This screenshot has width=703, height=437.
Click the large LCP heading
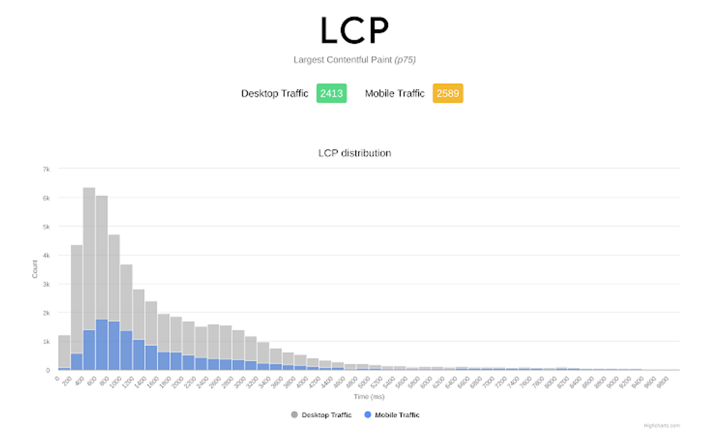(x=354, y=30)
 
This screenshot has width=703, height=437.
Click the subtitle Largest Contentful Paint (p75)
(x=354, y=60)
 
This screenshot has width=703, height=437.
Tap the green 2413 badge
(x=331, y=93)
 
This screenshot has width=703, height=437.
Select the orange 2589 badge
(x=448, y=93)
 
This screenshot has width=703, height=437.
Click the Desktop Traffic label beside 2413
(x=275, y=93)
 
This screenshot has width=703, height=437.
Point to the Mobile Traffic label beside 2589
(x=395, y=93)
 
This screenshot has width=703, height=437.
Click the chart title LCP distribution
(x=354, y=153)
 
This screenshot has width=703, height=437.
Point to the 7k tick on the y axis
(x=46, y=169)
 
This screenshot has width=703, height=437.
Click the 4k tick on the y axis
(x=46, y=255)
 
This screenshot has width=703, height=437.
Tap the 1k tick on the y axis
(x=46, y=342)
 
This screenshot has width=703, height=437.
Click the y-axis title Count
(x=35, y=269)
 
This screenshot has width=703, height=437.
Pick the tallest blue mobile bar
(x=102, y=344)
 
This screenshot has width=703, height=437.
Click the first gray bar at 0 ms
(x=65, y=352)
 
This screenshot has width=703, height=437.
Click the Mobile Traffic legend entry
(x=397, y=415)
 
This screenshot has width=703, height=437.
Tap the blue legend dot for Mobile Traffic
(x=369, y=415)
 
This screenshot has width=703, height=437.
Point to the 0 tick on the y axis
(x=48, y=370)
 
